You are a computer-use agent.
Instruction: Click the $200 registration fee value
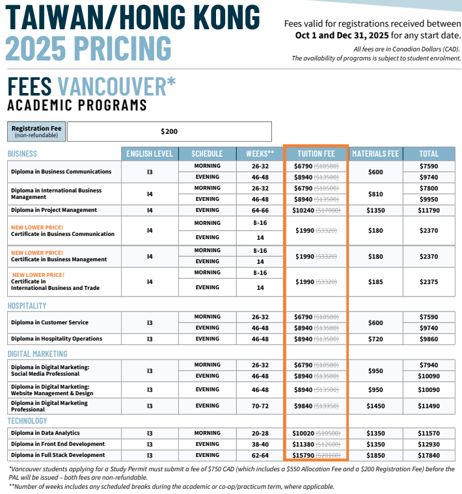169,131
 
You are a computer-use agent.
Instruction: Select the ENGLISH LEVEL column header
150,154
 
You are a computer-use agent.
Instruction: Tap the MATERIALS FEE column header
375,154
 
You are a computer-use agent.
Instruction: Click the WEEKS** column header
260,154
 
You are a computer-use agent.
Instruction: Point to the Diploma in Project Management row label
54,210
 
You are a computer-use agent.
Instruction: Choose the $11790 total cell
429,210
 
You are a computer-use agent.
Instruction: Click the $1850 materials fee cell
375,455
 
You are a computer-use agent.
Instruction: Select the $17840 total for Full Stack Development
429,455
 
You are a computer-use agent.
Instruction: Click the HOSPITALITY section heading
27,305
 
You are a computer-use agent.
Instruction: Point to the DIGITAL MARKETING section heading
37,354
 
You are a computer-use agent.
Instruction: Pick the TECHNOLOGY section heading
27,421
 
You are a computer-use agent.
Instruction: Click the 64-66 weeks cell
260,210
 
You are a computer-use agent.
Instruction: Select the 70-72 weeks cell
260,406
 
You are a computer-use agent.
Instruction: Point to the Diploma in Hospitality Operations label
57,339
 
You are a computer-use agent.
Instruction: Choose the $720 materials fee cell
375,339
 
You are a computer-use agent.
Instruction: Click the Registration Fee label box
36,131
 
